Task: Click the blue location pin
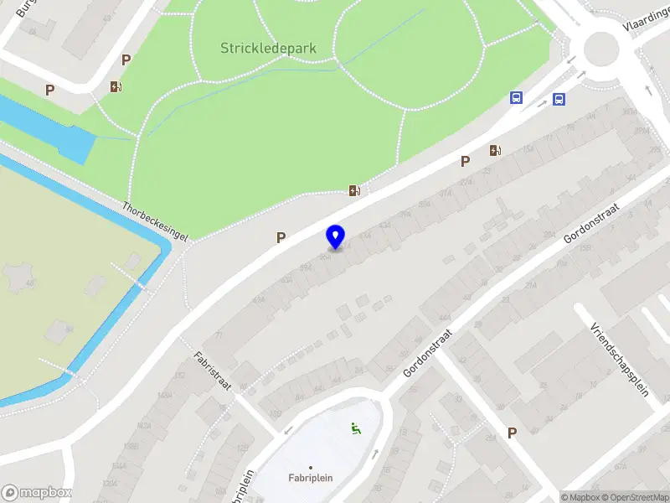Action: coord(335,236)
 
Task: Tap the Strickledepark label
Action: coord(268,48)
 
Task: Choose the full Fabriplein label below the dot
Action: coord(310,478)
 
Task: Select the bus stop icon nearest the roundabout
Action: coord(559,99)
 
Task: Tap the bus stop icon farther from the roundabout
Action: coord(517,97)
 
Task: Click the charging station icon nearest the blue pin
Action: coord(355,190)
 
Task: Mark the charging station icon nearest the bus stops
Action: coord(496,151)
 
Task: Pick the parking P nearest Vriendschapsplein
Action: coord(512,433)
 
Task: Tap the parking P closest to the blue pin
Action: coord(281,238)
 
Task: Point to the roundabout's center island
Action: coord(600,48)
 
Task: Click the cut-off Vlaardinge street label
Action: coord(645,25)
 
